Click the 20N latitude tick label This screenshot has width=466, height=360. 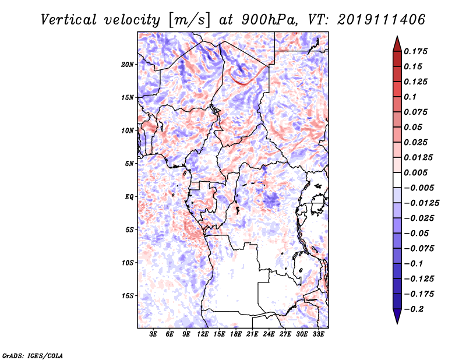pos(127,65)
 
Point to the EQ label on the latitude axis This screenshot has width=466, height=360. pos(129,197)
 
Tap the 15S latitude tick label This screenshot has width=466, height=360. pos(128,296)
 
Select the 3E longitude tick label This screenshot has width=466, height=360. pos(153,334)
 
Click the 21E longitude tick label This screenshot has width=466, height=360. pos(252,334)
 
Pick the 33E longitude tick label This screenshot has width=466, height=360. pos(318,334)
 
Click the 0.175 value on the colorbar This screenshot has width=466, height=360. pos(415,51)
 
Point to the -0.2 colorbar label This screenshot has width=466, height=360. pos(414,309)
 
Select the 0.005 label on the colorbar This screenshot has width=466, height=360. pos(415,172)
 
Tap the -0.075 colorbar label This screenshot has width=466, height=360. pos(419,249)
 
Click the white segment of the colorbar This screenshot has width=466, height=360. pos(397,180)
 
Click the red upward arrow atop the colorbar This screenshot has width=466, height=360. pos(397,44)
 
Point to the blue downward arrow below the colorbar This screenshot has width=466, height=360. pos(397,316)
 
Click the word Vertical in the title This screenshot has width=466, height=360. pos(69,20)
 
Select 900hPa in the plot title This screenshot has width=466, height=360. pos(269,20)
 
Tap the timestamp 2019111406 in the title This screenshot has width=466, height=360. pos(382,20)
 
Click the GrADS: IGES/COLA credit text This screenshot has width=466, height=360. pos(33,355)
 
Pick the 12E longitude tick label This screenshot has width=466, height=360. pos(203,334)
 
